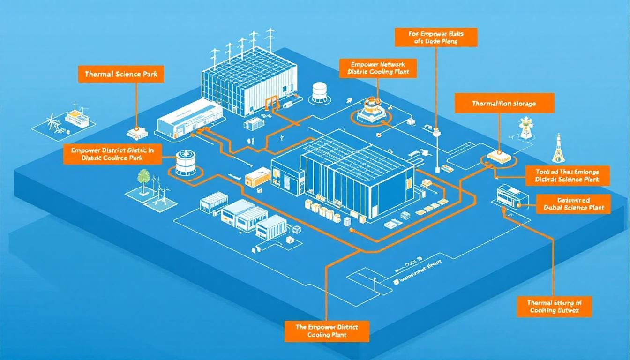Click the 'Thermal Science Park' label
(x=121, y=74)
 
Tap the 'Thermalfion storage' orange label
(x=504, y=103)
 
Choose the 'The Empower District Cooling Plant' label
(x=326, y=331)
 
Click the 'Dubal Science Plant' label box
(x=573, y=203)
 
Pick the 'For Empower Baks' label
(x=435, y=37)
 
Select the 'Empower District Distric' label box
(x=112, y=154)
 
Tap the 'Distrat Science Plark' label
(x=567, y=175)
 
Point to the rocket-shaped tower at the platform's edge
(x=558, y=147)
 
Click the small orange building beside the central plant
(x=257, y=177)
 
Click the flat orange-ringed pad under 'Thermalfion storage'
(x=497, y=156)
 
